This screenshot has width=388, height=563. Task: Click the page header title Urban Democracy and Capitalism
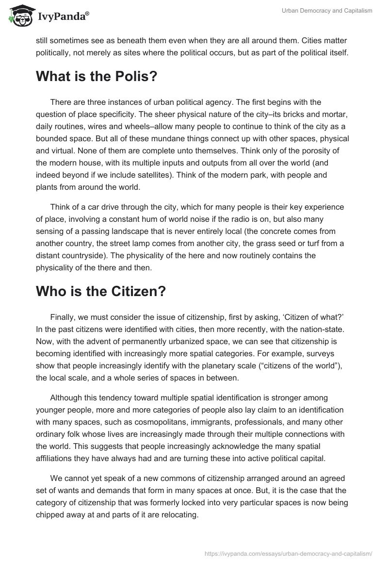(x=327, y=11)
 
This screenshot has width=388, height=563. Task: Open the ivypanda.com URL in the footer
(x=288, y=553)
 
